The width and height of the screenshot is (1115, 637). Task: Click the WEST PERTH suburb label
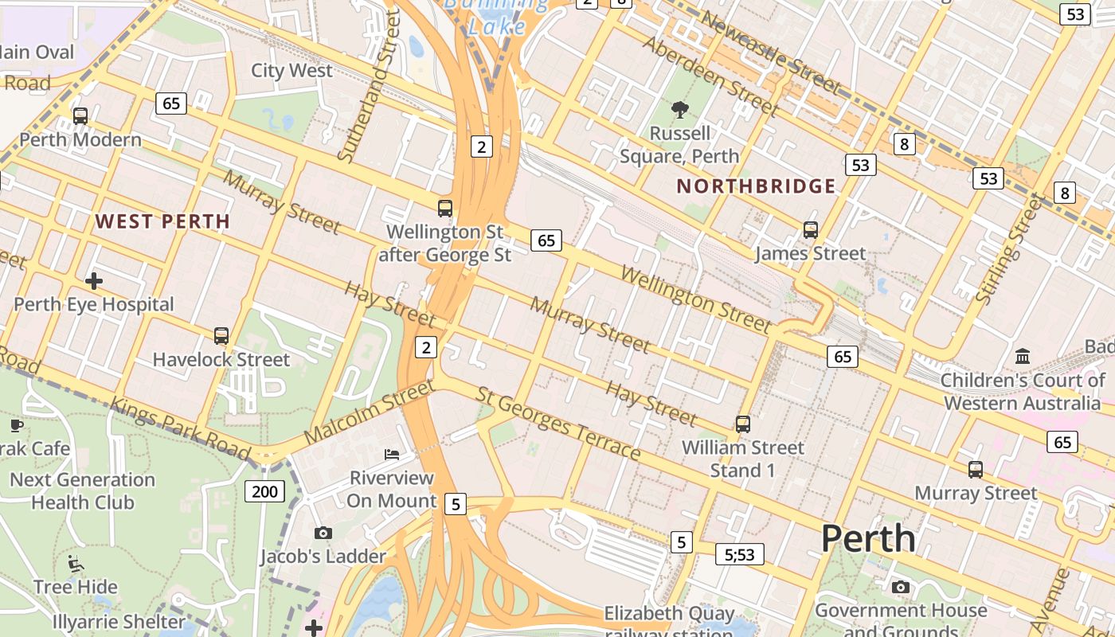pos(162,221)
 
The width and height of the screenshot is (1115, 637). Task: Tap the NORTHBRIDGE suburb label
pos(756,186)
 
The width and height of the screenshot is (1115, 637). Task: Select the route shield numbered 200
pos(264,491)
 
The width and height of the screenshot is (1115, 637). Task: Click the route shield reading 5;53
pos(740,554)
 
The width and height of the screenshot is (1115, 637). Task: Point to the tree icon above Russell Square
pos(679,110)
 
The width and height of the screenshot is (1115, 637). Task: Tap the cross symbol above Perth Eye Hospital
pos(94,281)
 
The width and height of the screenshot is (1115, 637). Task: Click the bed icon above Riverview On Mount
pos(392,455)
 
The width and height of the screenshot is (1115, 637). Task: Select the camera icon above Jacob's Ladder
pos(323,533)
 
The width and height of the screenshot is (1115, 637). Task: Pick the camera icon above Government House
pos(901,588)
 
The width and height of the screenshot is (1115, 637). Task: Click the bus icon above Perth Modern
pos(80,116)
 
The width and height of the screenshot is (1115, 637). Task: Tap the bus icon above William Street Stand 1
pos(743,424)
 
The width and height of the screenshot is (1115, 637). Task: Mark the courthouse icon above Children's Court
pos(1023,356)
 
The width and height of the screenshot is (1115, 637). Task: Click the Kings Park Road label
pos(180,428)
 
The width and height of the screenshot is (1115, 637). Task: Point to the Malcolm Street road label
pos(370,412)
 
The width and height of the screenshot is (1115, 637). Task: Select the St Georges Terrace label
pos(558,424)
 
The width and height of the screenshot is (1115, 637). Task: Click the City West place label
pos(291,70)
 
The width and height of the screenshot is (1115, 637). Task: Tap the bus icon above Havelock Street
pos(221,336)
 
